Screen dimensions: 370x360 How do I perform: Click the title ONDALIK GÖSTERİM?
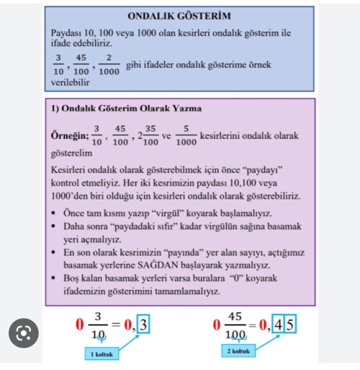point(179,16)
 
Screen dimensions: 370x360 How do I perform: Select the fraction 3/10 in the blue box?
point(58,65)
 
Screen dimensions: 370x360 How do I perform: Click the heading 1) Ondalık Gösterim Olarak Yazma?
point(126,109)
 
